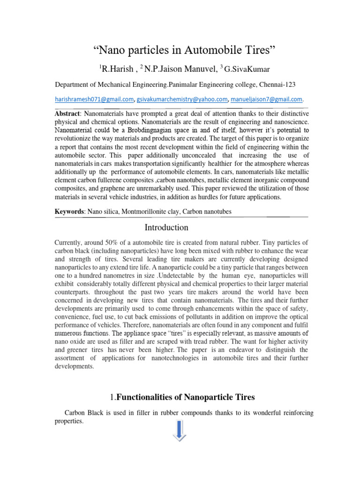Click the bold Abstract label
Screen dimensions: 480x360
(x=67, y=114)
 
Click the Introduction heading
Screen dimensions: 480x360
(x=166, y=228)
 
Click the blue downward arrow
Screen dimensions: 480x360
(x=180, y=430)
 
